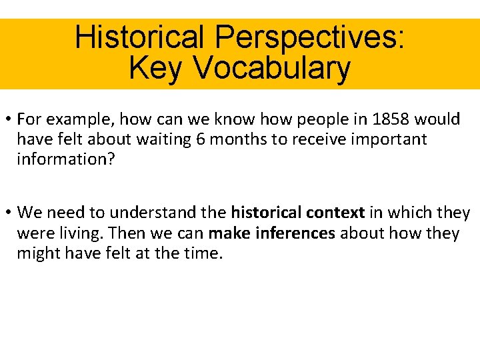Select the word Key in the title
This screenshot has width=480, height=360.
tap(151, 67)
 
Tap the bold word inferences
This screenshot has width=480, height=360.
tap(293, 233)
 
